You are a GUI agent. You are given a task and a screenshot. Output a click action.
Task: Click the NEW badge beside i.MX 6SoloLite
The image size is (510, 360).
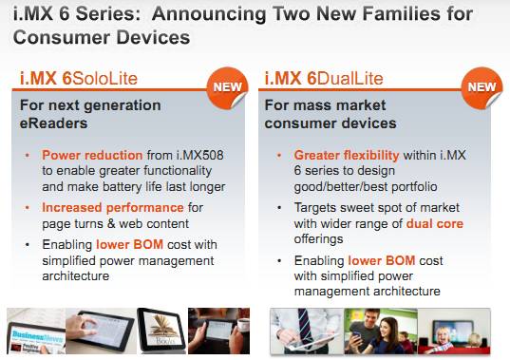click(x=227, y=87)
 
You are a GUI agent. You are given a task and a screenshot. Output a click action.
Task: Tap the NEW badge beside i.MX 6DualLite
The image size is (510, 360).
click(x=482, y=87)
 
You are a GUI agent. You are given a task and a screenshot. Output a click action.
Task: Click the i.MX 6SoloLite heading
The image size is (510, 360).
click(x=79, y=79)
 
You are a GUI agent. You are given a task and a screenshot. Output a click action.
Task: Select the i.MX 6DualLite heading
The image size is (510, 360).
click(x=324, y=79)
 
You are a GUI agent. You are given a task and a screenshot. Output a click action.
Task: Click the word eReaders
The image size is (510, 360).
click(x=54, y=123)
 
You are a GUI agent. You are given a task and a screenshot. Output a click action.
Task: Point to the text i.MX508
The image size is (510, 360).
click(x=200, y=155)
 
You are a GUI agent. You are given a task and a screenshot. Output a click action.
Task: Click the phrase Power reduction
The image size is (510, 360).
click(x=92, y=155)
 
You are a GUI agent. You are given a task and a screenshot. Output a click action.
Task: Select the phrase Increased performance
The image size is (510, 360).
click(x=113, y=207)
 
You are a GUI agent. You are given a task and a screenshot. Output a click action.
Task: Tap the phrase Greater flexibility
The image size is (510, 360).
click(x=347, y=155)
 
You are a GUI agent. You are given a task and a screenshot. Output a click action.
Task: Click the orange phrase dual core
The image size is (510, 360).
click(x=435, y=223)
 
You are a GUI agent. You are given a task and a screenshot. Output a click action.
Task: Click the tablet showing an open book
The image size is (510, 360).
click(x=162, y=331)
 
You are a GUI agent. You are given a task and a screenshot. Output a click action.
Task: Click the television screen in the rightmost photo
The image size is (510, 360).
click(x=453, y=332)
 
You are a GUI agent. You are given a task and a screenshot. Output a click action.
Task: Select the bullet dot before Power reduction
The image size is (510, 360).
click(x=28, y=155)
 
